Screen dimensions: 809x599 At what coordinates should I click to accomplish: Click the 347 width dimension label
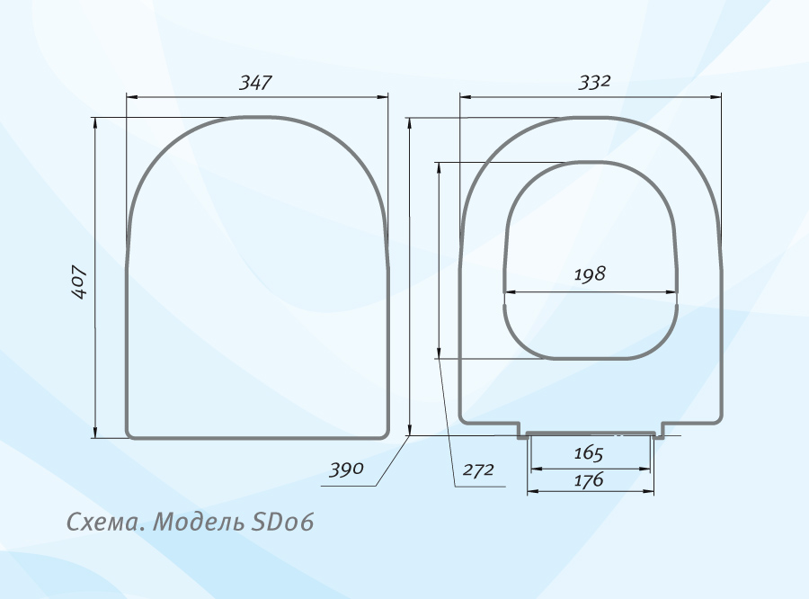pyautogui.click(x=255, y=83)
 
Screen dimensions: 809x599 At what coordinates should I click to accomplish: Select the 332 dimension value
pyautogui.click(x=594, y=82)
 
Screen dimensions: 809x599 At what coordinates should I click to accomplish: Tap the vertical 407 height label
pyautogui.click(x=79, y=282)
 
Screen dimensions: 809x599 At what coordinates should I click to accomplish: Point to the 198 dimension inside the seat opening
pyautogui.click(x=590, y=274)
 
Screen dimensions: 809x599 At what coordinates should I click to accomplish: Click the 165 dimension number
pyautogui.click(x=589, y=453)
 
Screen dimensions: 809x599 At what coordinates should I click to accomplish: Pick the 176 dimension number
pyautogui.click(x=589, y=480)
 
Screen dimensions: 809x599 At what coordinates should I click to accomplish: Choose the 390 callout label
pyautogui.click(x=347, y=469)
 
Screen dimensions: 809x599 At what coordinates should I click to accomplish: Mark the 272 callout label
pyautogui.click(x=478, y=469)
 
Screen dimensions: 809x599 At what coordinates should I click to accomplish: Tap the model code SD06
pyautogui.click(x=282, y=522)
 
